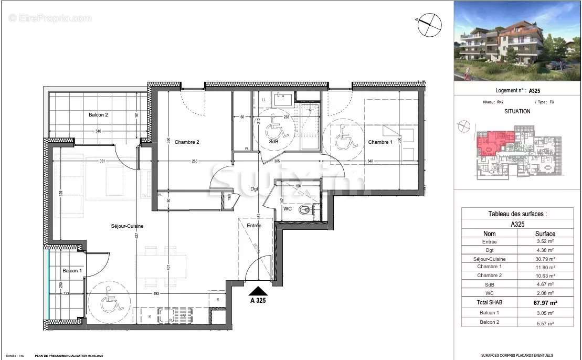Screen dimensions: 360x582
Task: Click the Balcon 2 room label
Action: pyautogui.click(x=99, y=115)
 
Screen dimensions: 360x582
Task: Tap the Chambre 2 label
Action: pyautogui.click(x=187, y=142)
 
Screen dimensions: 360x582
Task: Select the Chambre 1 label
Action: pyautogui.click(x=380, y=142)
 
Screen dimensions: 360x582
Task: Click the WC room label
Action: pyautogui.click(x=288, y=209)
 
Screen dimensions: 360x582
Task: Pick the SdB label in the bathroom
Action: pyautogui.click(x=273, y=142)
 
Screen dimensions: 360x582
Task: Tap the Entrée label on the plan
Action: pyautogui.click(x=254, y=226)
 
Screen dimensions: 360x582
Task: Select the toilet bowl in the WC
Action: pyautogui.click(x=305, y=210)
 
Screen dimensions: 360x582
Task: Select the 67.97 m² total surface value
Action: pyautogui.click(x=545, y=302)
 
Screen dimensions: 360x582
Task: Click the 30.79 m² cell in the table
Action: pyautogui.click(x=545, y=259)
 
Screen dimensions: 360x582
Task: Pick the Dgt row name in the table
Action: pyautogui.click(x=489, y=250)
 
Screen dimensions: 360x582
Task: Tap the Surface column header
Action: pyautogui.click(x=545, y=234)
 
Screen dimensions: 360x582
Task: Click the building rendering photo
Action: pyautogui.click(x=517, y=41)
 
